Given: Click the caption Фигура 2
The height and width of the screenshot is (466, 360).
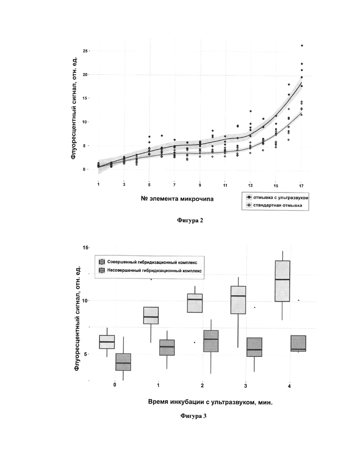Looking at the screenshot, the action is point(190,220).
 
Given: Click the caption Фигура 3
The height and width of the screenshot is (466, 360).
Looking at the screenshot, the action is point(193,416).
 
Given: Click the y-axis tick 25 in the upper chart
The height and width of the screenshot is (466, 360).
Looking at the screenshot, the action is point(85,51).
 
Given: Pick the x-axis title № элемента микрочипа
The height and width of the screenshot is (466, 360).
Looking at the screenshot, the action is point(177,199).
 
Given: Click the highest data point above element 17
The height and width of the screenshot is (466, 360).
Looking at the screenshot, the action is point(302,45).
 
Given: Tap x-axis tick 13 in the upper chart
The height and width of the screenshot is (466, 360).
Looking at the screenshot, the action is point(251,185).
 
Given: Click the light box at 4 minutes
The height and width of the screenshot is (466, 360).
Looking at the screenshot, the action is point(282,281).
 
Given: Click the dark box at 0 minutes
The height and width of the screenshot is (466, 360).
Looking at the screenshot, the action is point(123,362).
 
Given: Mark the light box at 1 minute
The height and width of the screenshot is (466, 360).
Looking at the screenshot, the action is point(151,315).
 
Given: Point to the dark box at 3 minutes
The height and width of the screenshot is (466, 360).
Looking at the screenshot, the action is point(254,347).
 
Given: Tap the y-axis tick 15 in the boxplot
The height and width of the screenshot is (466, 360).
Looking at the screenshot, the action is point(85,248).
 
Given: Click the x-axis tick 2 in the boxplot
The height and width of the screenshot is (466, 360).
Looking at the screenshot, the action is point(202,386).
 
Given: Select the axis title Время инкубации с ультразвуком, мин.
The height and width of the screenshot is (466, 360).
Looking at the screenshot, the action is point(210,402).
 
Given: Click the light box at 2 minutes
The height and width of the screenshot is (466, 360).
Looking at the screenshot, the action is point(195,303).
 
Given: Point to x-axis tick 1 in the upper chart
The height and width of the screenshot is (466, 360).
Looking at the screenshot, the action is point(98,184).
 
